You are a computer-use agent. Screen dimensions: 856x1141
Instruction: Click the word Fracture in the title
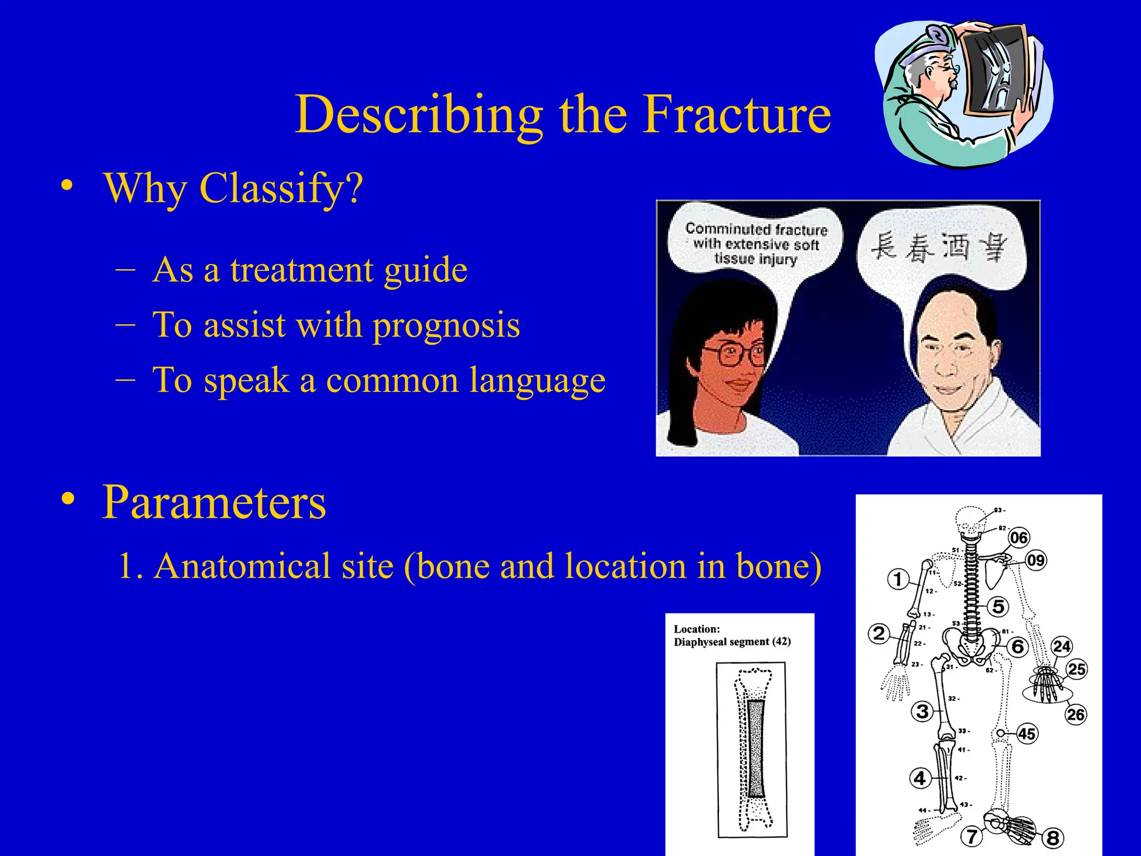pos(737,114)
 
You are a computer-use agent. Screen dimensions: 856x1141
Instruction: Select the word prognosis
pos(446,325)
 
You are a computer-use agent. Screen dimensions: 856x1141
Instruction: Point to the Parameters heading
pos(214,502)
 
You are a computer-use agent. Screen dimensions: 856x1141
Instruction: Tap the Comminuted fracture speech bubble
pos(755,244)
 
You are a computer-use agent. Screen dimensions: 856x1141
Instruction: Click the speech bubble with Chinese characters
pos(939,248)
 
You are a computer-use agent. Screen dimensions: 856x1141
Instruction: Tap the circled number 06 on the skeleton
pos(1019,538)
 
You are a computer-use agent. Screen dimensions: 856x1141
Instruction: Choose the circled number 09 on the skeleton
pos(1035,560)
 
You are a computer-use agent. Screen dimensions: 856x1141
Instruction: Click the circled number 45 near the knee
pos(1027,733)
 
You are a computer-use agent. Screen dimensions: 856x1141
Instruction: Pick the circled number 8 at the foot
pos(1052,838)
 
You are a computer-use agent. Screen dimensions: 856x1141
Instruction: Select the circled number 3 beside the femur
pos(923,711)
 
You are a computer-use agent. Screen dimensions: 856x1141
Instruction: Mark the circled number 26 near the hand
pos(1076,714)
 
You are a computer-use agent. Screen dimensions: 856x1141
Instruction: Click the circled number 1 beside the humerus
pos(898,579)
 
